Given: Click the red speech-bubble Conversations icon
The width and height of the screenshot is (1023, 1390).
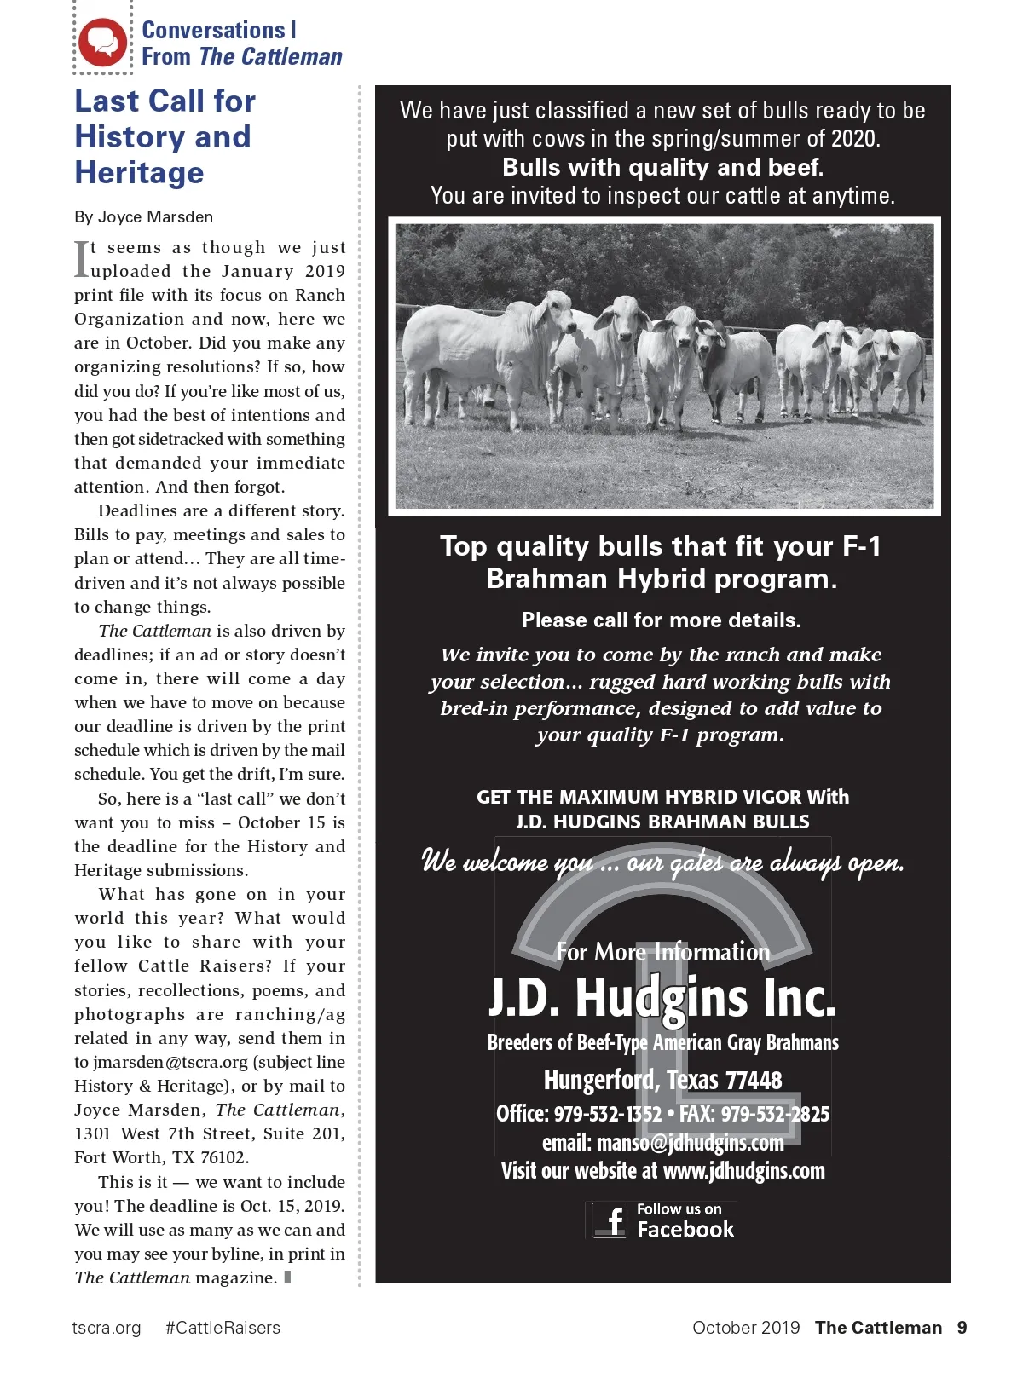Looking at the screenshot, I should coord(102,42).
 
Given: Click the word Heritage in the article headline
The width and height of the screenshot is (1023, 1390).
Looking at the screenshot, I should coord(139,173).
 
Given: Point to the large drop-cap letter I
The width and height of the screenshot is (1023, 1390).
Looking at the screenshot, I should coord(81,259).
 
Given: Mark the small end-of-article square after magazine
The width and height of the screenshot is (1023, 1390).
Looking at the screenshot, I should coord(288,1278).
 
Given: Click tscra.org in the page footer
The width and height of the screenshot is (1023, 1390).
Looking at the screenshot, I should coord(107,1328).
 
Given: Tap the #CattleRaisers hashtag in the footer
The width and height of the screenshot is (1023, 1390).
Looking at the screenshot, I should coord(223,1328).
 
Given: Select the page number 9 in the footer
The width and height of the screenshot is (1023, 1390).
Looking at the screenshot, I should coord(962,1328).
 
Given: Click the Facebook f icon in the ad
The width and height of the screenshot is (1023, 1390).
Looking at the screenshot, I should coord(610,1220).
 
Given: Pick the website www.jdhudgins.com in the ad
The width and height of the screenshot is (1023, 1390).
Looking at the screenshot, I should coord(743,1171).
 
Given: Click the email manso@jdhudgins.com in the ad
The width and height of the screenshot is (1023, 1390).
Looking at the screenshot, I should coord(690,1143).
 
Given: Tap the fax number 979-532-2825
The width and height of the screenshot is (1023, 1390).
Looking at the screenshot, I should coord(775,1115).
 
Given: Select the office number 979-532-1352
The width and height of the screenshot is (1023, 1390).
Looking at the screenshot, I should coord(608,1115).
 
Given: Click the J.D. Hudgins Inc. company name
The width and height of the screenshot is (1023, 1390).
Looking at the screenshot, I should coord(662,998).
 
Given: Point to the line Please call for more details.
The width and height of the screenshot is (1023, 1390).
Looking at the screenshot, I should coord(662,620).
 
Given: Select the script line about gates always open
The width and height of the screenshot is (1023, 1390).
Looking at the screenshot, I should coord(662,862).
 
